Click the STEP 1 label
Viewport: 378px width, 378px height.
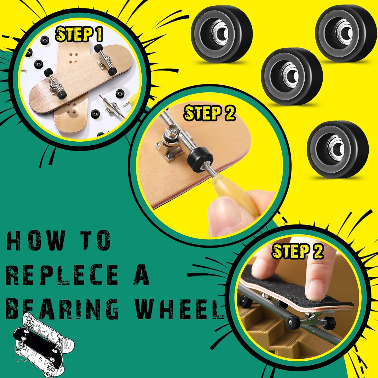pos(79,34)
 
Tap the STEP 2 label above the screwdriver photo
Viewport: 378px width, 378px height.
pos(210,113)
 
